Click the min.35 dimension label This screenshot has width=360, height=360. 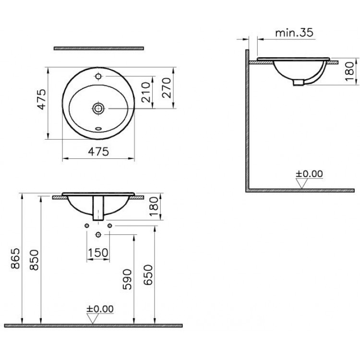(294, 33)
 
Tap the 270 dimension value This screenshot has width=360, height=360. (167, 88)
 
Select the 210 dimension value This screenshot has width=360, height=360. (146, 92)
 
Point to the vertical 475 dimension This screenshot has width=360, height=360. (42, 99)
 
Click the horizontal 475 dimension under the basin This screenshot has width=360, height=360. (98, 152)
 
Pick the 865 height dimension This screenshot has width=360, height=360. (16, 258)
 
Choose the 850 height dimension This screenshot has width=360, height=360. (35, 260)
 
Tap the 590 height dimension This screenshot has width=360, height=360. (127, 279)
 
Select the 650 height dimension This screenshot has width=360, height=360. (148, 275)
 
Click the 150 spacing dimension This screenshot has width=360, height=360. (98, 253)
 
